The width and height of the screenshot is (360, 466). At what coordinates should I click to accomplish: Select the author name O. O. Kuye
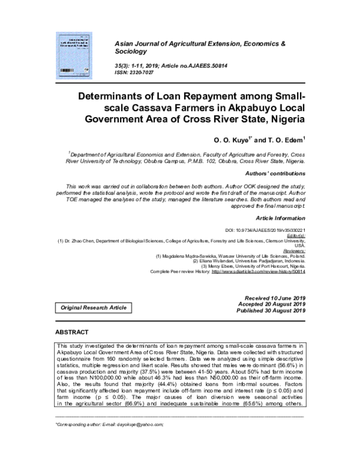(x=232, y=140)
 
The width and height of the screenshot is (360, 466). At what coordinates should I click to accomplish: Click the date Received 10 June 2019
(x=275, y=298)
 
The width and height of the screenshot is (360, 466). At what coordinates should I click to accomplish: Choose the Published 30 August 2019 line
(x=272, y=311)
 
